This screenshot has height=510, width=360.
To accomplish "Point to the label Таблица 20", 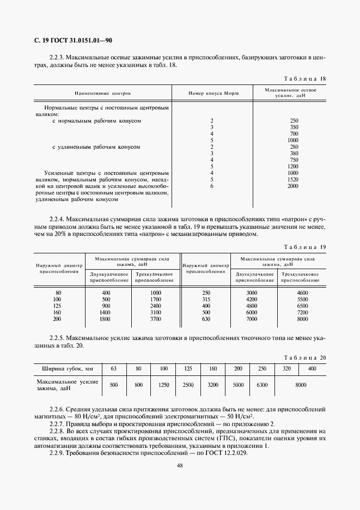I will [x=306, y=357].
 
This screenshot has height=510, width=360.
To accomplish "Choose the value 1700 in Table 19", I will [x=155, y=300].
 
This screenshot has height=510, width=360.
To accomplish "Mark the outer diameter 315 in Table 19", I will [x=206, y=300].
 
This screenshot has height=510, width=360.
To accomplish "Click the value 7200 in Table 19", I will [x=303, y=313].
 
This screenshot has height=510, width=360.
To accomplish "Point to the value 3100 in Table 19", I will [x=155, y=313].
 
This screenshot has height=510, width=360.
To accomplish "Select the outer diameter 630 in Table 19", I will [x=206, y=319].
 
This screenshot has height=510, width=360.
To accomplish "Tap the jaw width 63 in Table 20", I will [x=113, y=369].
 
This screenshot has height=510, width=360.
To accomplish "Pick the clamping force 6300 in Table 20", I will [x=263, y=385].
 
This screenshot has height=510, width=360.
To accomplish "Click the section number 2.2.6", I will [x=58, y=408].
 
